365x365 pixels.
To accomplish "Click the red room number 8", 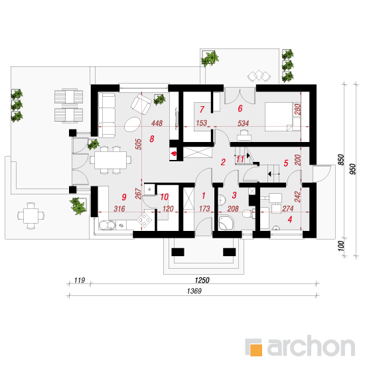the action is [152, 139].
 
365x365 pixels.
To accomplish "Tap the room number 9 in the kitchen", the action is [124, 197].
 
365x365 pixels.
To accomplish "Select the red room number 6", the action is [240, 108].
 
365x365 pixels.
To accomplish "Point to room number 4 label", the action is [290, 219].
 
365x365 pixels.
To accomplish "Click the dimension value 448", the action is [157, 123].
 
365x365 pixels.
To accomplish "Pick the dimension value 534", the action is [244, 123].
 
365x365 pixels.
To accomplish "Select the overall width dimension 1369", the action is [194, 291].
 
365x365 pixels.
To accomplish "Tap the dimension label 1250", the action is [202, 280].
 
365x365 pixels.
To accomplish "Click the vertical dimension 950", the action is [353, 169].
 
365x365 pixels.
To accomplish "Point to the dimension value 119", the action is [80, 280].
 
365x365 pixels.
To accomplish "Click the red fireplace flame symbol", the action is [174, 154].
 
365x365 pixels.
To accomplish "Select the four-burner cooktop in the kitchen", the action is [144, 220].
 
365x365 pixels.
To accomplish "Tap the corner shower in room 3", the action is [226, 222].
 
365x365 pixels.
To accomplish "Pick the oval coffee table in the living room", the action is [132, 124].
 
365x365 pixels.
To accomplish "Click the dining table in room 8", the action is [111, 160].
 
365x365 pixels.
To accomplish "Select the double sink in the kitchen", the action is [107, 225].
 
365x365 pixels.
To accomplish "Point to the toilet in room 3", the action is [249, 213].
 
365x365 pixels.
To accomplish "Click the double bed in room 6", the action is [283, 117].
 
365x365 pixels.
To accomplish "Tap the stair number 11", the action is [240, 159].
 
